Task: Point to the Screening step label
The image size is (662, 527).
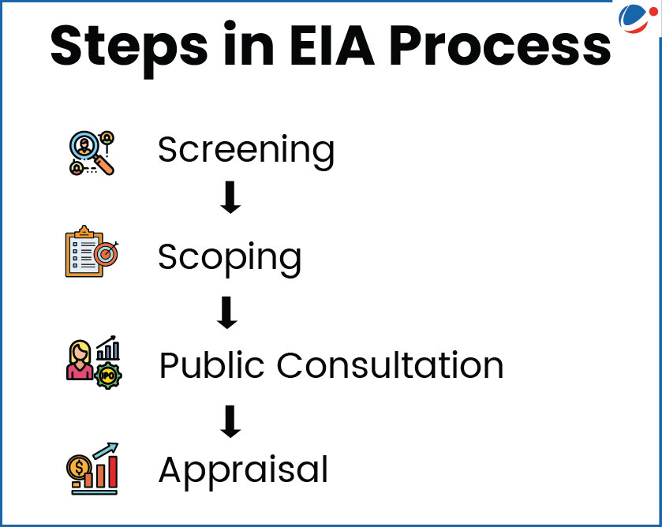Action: pos(246,149)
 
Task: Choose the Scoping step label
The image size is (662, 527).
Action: pos(230,256)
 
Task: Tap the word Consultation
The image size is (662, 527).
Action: pos(390,365)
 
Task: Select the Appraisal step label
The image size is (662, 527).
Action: pos(243,470)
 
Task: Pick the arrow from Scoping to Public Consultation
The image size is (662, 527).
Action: pos(226,313)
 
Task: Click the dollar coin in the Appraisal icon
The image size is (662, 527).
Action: pos(77,467)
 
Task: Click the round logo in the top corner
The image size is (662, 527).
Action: pos(638,21)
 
